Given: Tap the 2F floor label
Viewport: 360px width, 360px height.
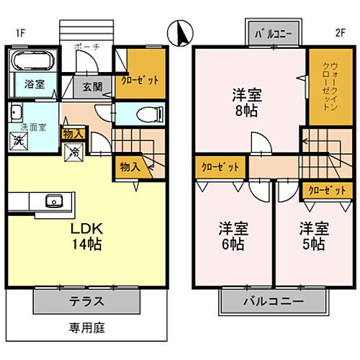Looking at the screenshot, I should click(x=340, y=33).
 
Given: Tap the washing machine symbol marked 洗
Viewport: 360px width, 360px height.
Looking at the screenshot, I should click(x=18, y=140).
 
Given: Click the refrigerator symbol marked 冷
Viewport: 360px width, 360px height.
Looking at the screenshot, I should click(x=73, y=152).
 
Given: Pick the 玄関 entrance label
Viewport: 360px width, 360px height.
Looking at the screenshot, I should click(x=93, y=87).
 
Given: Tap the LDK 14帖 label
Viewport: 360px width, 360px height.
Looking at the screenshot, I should click(x=86, y=237).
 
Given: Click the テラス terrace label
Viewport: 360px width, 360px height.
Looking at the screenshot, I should click(x=87, y=302).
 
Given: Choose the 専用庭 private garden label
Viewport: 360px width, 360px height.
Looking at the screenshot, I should click(x=87, y=328).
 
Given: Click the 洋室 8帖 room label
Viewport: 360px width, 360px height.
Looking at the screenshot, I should click(x=246, y=102).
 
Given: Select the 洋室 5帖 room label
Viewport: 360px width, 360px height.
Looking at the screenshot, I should click(x=314, y=237).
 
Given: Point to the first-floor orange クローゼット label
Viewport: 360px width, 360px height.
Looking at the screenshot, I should click(x=140, y=81).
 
